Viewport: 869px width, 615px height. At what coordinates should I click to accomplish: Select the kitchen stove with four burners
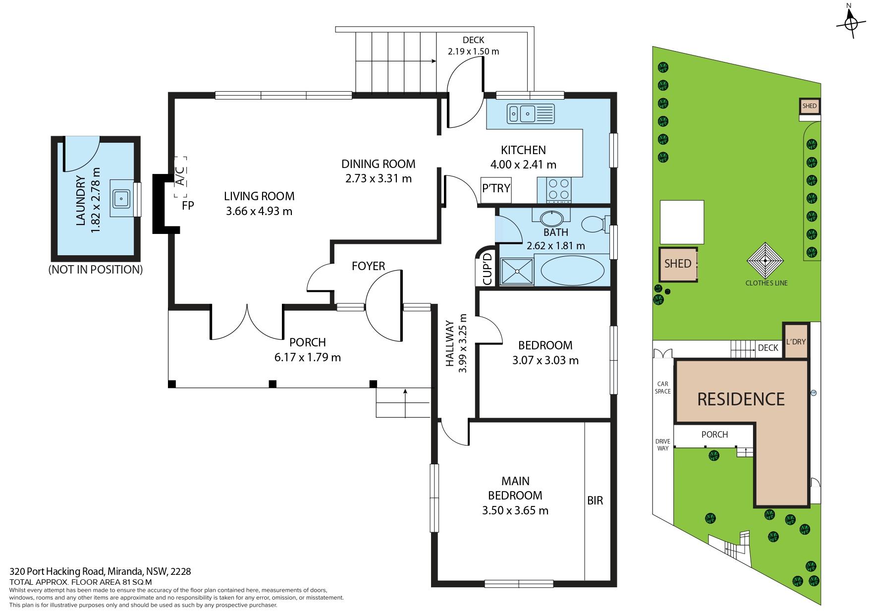(x=559, y=190)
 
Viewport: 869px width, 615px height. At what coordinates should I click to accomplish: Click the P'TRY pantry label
(x=496, y=188)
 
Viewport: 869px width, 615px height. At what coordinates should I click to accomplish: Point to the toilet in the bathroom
(x=595, y=224)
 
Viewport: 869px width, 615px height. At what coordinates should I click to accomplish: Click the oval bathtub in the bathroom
(x=572, y=271)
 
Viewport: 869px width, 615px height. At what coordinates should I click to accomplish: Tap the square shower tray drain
(x=517, y=272)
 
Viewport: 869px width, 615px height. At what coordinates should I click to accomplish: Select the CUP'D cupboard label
(x=488, y=269)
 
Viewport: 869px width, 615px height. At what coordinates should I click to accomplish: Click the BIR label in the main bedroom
(x=595, y=501)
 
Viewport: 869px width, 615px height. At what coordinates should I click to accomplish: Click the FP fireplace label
(x=188, y=205)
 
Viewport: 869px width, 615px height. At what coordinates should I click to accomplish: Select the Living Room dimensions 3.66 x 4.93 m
(x=259, y=211)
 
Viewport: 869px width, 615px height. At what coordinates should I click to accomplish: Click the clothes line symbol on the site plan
(x=765, y=261)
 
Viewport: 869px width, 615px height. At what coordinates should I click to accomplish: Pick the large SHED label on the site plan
(x=678, y=264)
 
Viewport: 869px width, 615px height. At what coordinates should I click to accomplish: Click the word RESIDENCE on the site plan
(x=741, y=399)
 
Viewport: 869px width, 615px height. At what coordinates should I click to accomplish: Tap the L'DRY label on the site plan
(x=796, y=341)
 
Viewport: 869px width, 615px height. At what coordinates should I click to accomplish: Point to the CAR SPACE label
(x=663, y=388)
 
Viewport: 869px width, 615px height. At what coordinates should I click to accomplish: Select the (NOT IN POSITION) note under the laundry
(x=96, y=270)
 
